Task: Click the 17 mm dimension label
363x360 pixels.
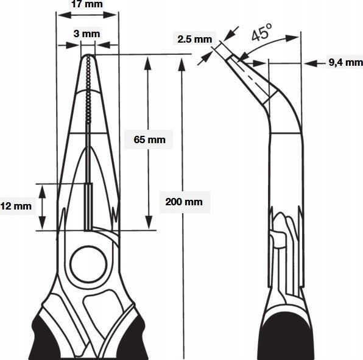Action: tap(87, 4)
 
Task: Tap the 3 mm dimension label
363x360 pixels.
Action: tap(87, 34)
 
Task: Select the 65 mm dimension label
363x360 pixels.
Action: tap(150, 139)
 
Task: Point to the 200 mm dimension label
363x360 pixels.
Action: tap(184, 202)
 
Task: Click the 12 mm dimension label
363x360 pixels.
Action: tap(16, 206)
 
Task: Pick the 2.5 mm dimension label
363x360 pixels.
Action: tap(195, 39)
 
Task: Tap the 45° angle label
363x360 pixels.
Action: tap(262, 32)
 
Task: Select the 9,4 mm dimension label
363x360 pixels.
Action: tap(345, 62)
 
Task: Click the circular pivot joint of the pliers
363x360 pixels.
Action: tap(88, 264)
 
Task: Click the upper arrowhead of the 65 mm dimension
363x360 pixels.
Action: tap(148, 63)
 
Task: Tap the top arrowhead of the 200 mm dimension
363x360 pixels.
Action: tap(182, 65)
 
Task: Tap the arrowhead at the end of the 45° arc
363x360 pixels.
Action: tap(292, 38)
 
